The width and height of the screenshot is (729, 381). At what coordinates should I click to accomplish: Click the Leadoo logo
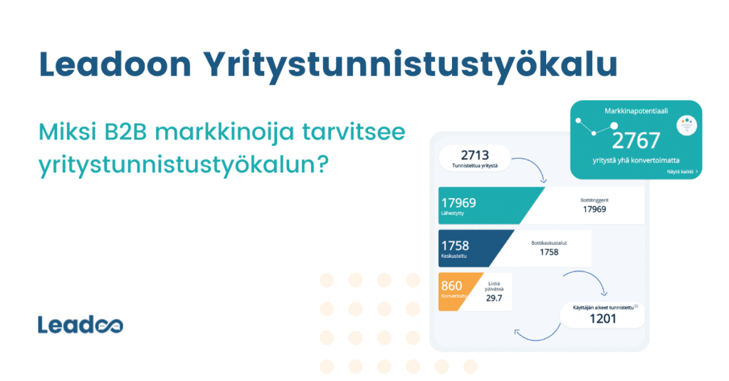tap(80, 325)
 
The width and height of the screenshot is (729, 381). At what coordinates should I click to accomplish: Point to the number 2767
tap(636, 140)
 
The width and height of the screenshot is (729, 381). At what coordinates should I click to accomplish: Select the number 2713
tap(475, 155)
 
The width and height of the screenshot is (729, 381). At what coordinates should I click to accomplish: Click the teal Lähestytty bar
tap(484, 205)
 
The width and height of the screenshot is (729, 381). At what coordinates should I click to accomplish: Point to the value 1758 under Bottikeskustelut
tap(549, 252)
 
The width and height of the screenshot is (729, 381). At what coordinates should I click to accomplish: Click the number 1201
tap(603, 319)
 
